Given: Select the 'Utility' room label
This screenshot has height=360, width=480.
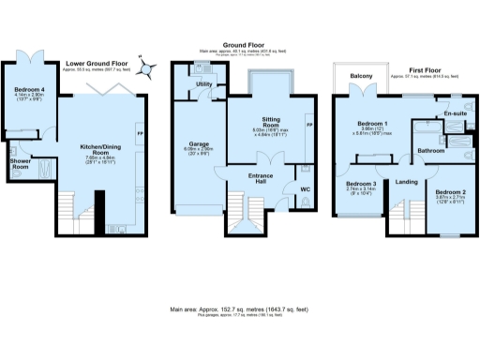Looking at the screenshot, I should (x=203, y=85).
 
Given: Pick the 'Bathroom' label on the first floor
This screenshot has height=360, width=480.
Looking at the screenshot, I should (x=431, y=150).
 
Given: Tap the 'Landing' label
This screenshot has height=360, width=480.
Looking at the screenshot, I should (x=407, y=183).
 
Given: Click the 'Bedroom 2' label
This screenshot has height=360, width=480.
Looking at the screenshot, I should (x=452, y=192).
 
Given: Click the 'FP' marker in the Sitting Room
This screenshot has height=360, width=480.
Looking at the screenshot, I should (x=309, y=123).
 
